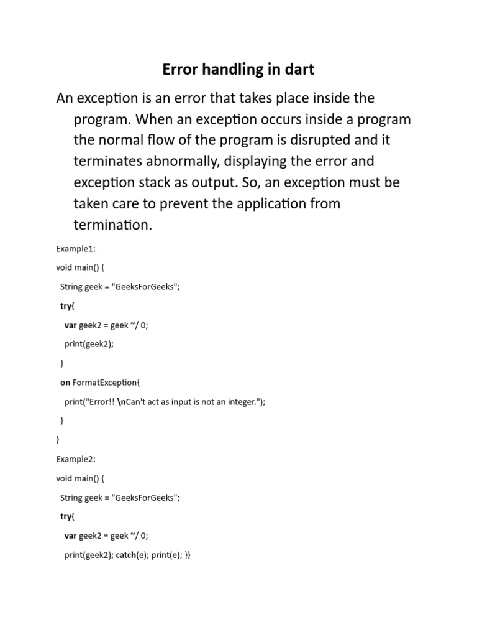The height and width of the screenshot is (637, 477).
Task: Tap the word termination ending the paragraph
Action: (x=112, y=225)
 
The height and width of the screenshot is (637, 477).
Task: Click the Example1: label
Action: (x=76, y=249)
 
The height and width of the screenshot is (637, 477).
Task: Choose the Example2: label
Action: (x=76, y=459)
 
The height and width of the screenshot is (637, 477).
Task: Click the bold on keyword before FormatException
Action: (x=65, y=383)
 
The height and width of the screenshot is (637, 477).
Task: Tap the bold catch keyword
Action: (x=128, y=555)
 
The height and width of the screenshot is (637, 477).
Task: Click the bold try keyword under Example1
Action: (x=66, y=306)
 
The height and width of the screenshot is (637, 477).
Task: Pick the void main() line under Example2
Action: (x=80, y=478)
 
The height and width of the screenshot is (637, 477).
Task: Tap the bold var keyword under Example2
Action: (x=71, y=536)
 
